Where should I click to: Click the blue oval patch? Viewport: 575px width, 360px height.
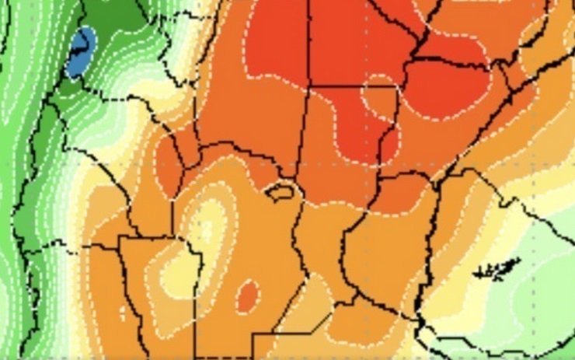pyautogui.click(x=80, y=53)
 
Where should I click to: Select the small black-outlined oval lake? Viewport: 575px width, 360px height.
pyautogui.click(x=282, y=189)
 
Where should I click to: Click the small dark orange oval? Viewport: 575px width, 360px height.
pyautogui.click(x=247, y=295)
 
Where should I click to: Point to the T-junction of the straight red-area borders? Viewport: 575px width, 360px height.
pyautogui.click(x=308, y=86)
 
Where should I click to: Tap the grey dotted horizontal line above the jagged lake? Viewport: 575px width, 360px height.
pyautogui.click(x=497, y=164)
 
